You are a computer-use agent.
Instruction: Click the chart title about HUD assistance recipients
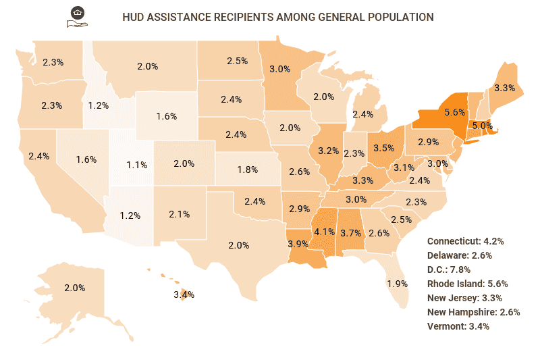click(277, 16)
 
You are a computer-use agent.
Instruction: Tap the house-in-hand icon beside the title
click(78, 17)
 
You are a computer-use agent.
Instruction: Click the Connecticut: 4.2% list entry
click(466, 241)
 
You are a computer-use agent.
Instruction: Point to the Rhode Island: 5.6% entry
click(467, 284)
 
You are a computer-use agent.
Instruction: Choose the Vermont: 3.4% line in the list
click(458, 326)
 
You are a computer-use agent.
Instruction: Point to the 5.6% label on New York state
click(437, 112)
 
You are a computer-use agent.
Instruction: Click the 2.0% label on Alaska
click(74, 288)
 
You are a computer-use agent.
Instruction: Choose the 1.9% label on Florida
click(398, 283)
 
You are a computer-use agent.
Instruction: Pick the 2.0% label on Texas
click(239, 245)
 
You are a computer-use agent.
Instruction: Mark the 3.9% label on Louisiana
click(298, 243)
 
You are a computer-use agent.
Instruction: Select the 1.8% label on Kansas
click(248, 170)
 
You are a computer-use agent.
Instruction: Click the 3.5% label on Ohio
click(383, 147)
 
